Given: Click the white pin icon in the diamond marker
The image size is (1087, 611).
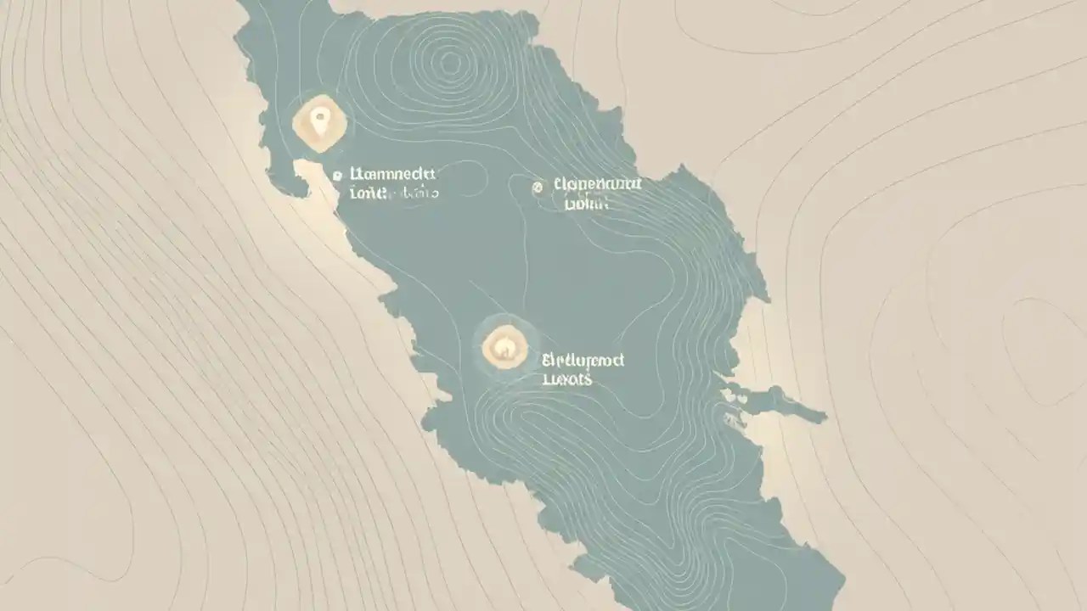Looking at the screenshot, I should tap(319, 122).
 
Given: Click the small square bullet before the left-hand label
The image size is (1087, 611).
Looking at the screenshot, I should tap(337, 176).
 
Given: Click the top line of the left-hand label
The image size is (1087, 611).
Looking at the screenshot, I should tap(392, 174).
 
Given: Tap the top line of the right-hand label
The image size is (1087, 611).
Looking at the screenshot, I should tap(597, 184).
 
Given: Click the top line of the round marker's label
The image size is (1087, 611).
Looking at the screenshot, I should tap(583, 360).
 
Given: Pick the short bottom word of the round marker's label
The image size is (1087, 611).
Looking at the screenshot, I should tap(567, 379).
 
